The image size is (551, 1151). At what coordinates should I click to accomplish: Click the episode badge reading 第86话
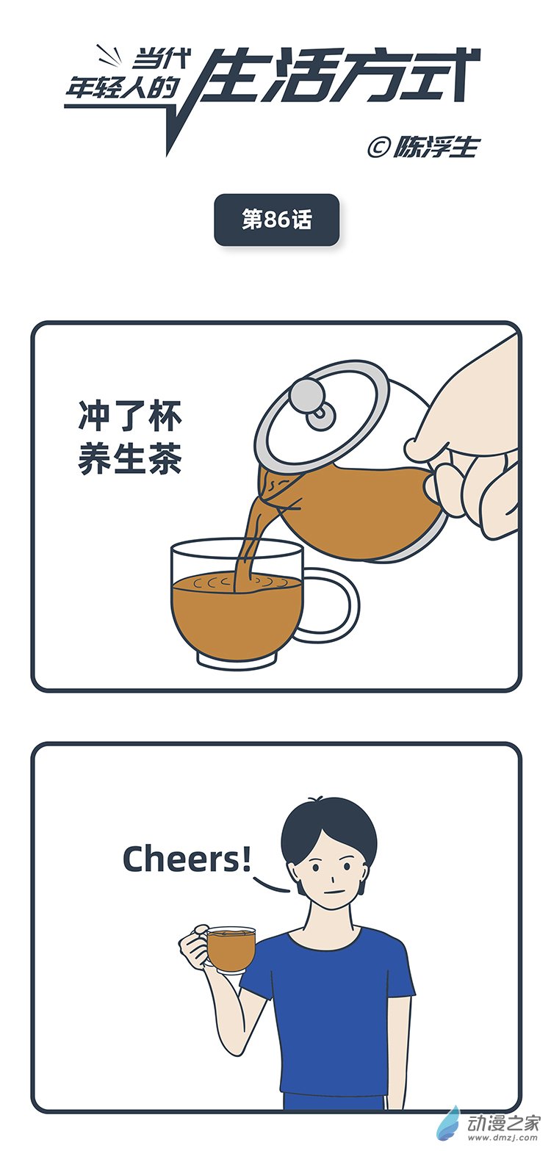[276, 220]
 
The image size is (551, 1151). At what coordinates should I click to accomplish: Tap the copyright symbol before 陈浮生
[378, 147]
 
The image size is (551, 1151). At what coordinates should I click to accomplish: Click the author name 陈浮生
[436, 147]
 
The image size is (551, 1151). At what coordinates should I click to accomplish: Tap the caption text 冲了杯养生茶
[130, 438]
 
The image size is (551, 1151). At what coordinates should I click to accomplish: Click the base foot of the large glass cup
[237, 662]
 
